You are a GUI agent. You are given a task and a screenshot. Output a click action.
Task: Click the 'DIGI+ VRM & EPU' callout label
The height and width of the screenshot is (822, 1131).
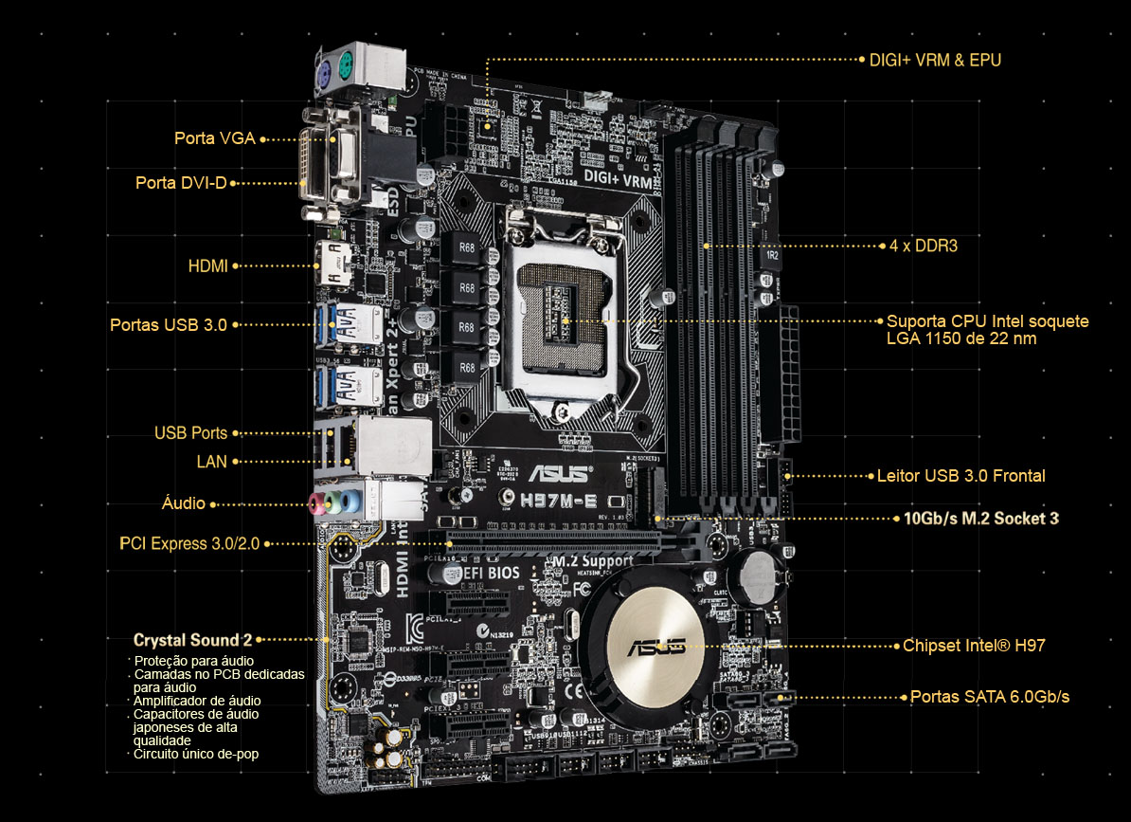934,60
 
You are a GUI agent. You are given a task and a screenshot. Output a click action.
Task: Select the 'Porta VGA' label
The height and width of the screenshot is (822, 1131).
214,138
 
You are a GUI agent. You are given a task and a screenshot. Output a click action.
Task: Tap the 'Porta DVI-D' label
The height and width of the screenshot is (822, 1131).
181,182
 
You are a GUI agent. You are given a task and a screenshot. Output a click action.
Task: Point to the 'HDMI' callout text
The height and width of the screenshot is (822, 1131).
207,266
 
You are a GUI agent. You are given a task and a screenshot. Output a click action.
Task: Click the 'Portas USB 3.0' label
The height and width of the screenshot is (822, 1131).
169,324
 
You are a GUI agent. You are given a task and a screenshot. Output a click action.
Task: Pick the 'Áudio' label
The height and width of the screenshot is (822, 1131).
184,503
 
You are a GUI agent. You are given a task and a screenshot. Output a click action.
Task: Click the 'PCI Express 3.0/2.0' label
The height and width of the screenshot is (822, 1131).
189,543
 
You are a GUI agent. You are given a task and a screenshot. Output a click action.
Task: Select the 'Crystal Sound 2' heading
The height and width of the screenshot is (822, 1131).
192,640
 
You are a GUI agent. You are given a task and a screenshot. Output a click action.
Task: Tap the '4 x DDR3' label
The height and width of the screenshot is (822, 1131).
924,246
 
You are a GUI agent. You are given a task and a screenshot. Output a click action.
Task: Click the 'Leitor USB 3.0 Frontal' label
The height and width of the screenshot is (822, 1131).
960,476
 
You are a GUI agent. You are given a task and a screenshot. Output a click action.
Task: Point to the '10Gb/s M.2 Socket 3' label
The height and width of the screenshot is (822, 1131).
981,519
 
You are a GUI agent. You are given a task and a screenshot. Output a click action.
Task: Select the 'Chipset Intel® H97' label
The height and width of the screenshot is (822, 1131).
974,646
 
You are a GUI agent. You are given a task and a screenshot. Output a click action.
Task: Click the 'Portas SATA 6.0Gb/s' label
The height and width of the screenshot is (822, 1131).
990,697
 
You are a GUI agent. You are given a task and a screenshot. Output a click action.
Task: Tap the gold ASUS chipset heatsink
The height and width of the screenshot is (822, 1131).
655,646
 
